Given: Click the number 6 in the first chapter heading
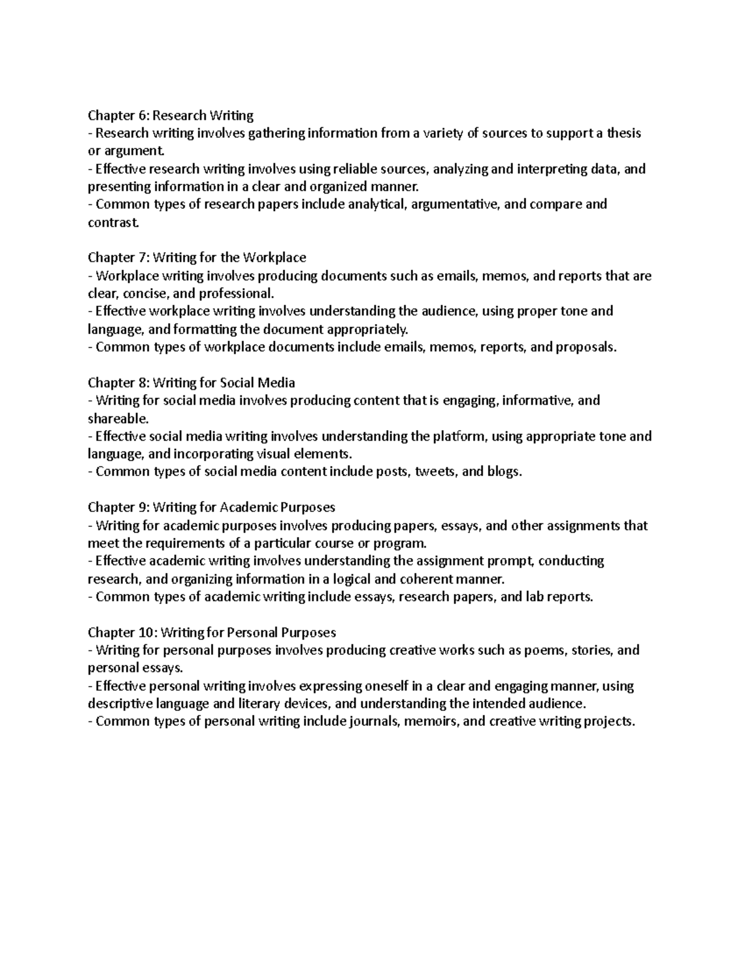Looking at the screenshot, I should pyautogui.click(x=142, y=115).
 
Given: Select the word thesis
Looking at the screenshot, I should pyautogui.click(x=623, y=133).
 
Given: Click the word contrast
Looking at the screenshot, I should pyautogui.click(x=110, y=222).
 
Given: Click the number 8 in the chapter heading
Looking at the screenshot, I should pyautogui.click(x=142, y=383).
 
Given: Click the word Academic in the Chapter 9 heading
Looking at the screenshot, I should pyautogui.click(x=249, y=508).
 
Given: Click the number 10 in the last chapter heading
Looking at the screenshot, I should pyautogui.click(x=145, y=633).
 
